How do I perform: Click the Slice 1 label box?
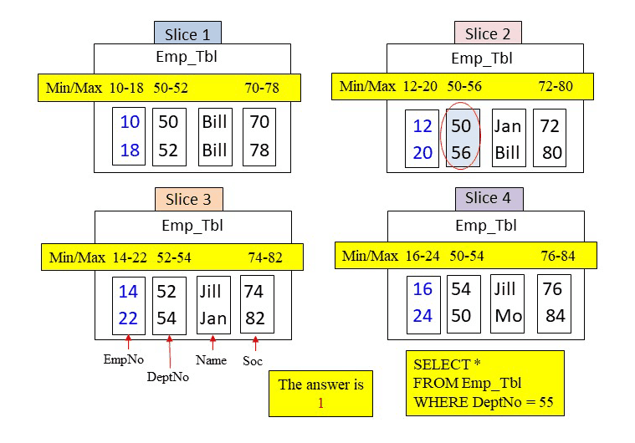click(x=187, y=33)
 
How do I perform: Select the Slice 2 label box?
click(x=488, y=33)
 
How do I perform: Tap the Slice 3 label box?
click(x=187, y=199)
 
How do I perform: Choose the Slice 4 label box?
click(x=489, y=198)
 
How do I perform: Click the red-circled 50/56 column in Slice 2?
click(x=461, y=140)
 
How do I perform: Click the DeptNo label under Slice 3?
click(x=168, y=377)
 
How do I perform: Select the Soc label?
click(x=253, y=361)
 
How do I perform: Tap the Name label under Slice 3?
click(x=211, y=360)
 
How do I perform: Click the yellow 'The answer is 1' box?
click(x=320, y=394)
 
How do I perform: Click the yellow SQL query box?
click(x=484, y=383)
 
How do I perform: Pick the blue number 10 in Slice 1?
click(x=130, y=122)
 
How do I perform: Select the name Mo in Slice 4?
click(x=508, y=317)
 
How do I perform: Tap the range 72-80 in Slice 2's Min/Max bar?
click(x=556, y=86)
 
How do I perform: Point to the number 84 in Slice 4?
click(x=554, y=317)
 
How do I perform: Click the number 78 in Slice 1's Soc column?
click(x=259, y=150)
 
